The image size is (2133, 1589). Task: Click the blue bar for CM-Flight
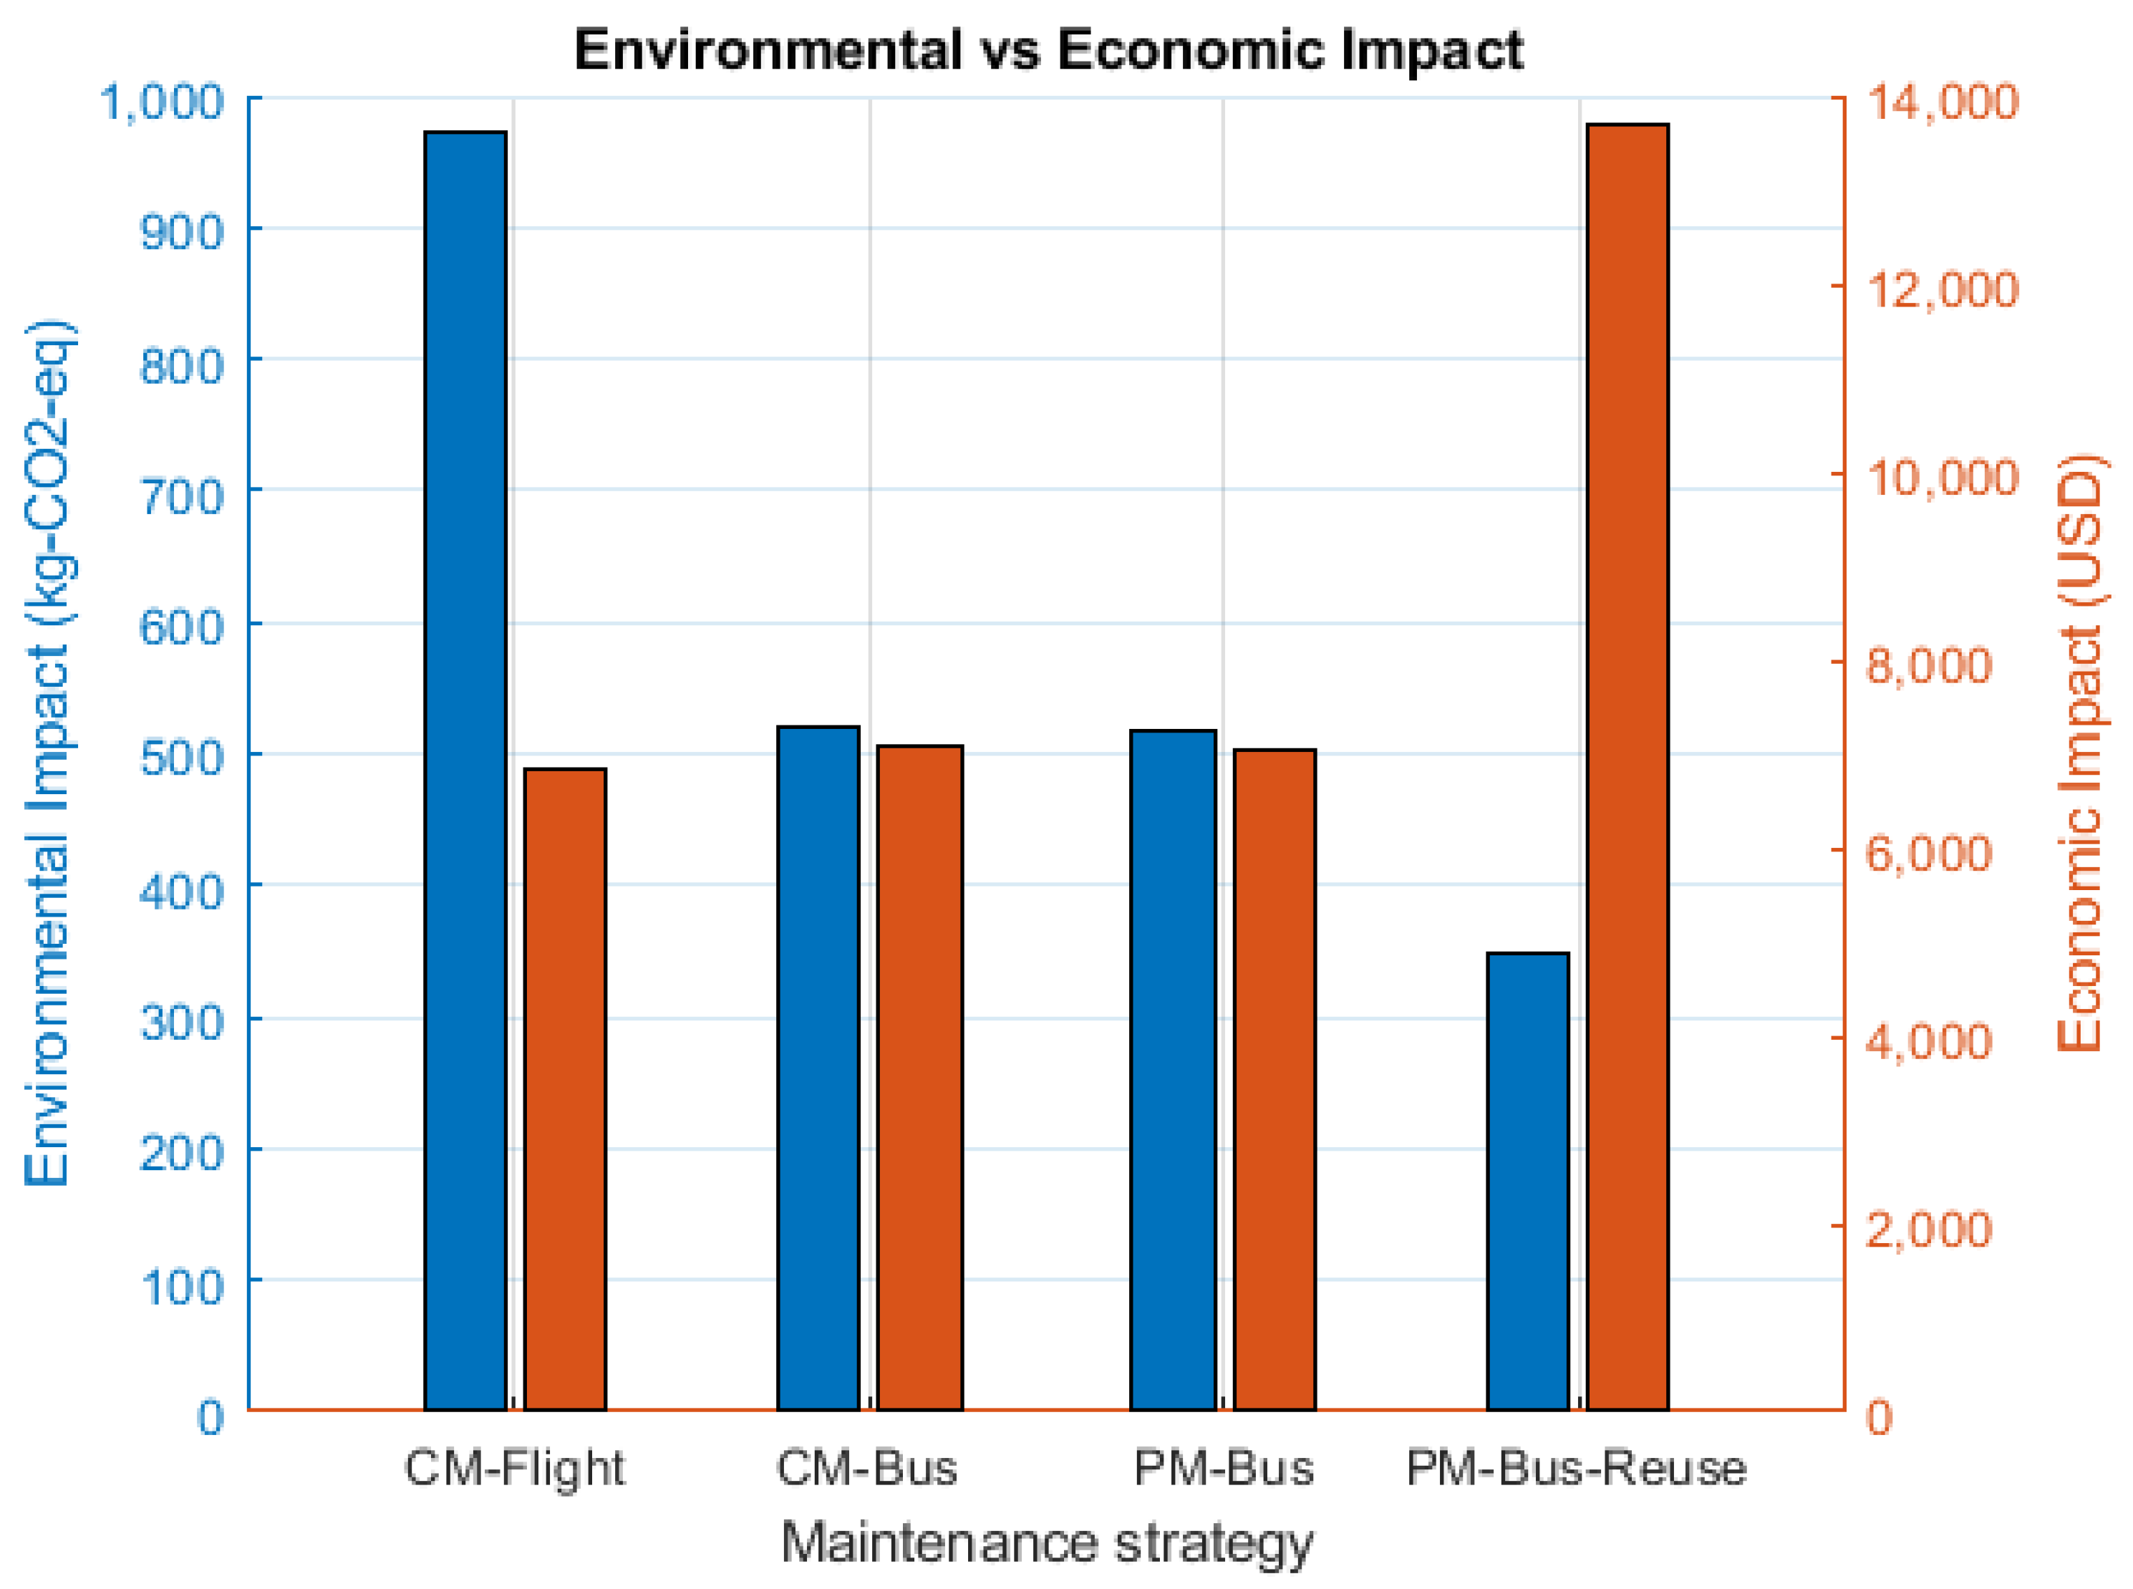point(465,770)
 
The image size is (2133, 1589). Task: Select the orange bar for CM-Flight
point(566,1088)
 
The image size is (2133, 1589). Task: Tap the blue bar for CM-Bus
point(818,1067)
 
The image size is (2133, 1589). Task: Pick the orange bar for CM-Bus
point(920,1076)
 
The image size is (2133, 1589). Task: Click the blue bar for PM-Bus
point(1174,1068)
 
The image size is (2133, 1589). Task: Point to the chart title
point(1048,50)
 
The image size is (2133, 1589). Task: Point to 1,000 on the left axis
point(162,102)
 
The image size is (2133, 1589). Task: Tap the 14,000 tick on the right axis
point(1942,102)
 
